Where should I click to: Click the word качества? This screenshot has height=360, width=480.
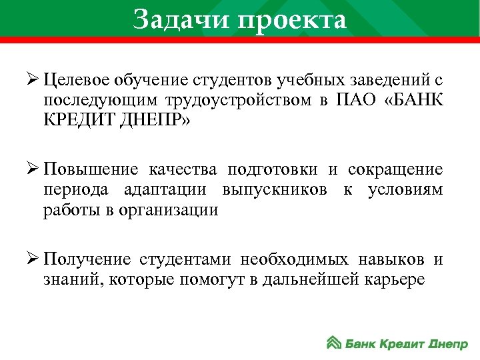coord(184,167)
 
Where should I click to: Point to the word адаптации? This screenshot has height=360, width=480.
coord(163,189)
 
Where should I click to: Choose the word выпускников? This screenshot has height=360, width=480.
coord(281,189)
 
